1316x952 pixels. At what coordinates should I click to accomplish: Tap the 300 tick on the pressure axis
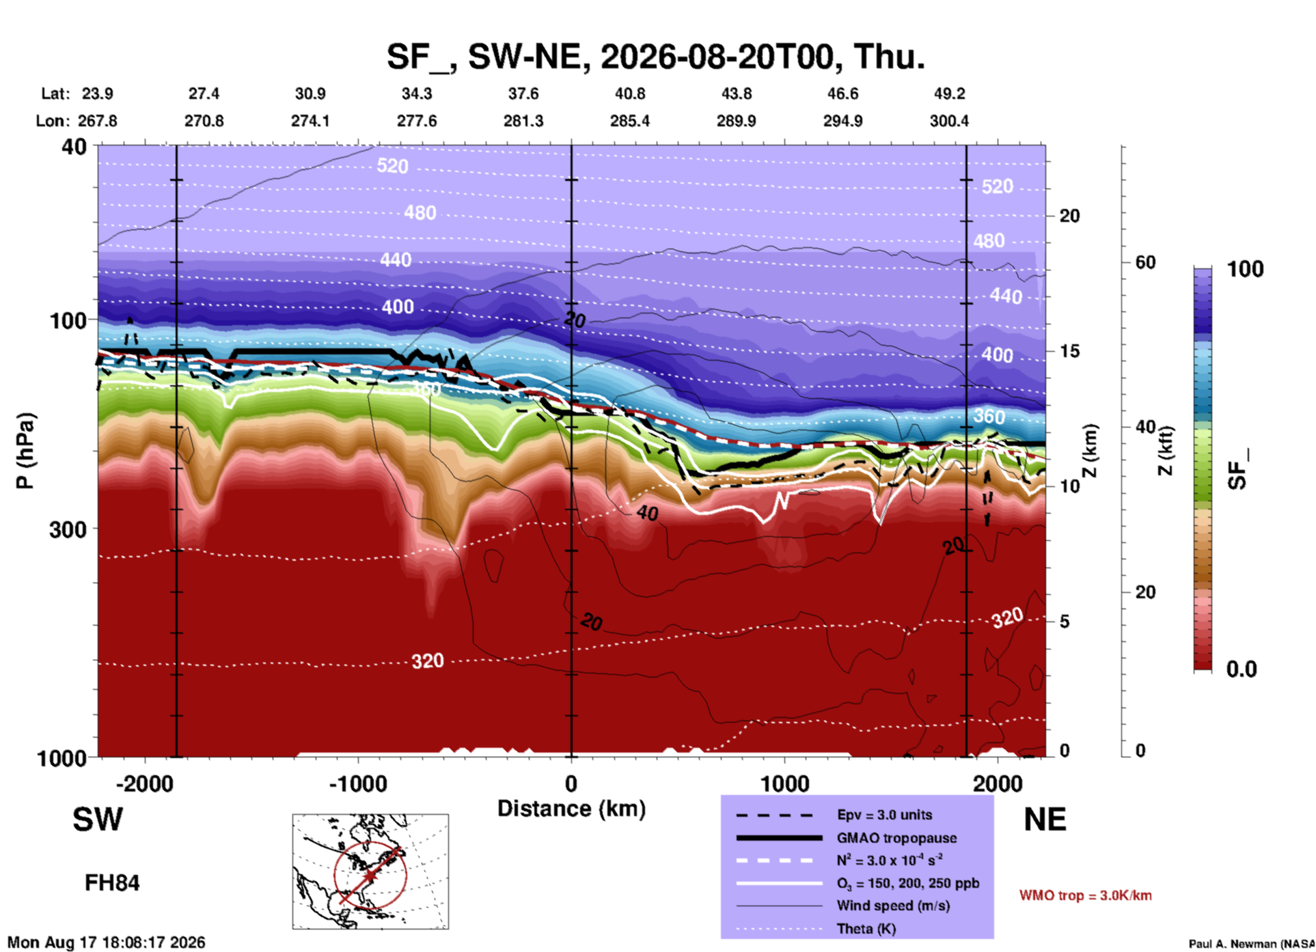[68, 529]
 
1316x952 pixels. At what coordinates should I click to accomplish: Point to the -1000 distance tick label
[358, 783]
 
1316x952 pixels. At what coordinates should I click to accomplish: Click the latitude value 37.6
[523, 94]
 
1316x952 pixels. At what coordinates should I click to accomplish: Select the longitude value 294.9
[842, 121]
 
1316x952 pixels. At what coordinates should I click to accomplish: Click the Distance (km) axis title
[571, 809]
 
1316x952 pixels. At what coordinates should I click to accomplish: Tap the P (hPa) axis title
[25, 451]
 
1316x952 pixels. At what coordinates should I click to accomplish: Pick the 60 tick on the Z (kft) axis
[1146, 262]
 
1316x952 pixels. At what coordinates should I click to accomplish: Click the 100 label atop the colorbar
[1245, 269]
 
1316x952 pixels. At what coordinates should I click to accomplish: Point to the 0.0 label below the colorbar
[1242, 669]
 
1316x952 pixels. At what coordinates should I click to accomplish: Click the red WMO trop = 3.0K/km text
[1085, 895]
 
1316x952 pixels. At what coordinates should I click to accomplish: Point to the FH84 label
[112, 883]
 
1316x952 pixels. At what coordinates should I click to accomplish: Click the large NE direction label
[1045, 820]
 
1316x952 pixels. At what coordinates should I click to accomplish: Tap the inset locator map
[370, 871]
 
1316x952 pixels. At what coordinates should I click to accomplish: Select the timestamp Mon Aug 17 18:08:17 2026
[107, 942]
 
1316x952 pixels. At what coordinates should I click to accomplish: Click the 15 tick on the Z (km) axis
[1069, 351]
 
